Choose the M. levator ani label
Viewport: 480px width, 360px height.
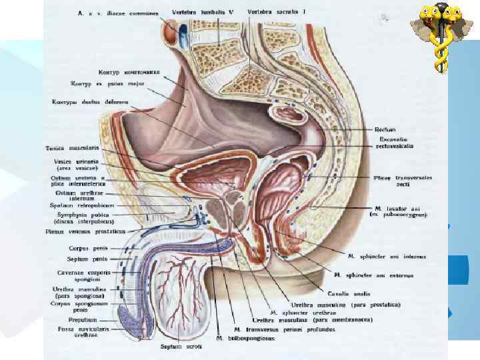tap(395, 211)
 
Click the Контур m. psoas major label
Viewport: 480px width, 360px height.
tap(107, 84)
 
